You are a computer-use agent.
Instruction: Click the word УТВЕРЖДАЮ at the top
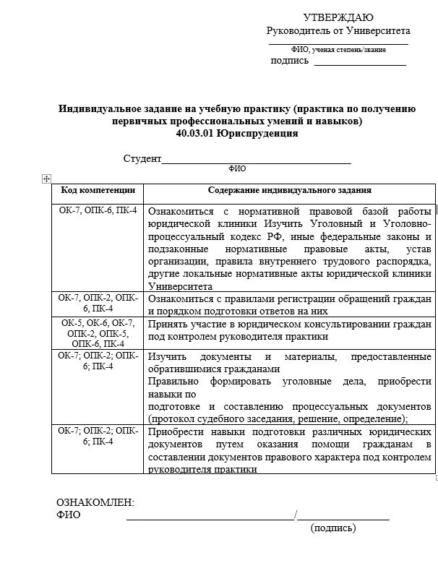[338, 17]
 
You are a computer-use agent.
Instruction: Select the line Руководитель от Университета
[338, 31]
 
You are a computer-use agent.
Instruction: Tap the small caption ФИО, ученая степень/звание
[338, 49]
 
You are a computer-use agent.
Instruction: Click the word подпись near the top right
[290, 61]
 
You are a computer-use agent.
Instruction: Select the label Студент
[142, 158]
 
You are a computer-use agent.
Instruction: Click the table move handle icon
[46, 178]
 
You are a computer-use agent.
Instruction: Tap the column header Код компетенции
[98, 190]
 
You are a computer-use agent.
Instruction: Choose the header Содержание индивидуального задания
[290, 190]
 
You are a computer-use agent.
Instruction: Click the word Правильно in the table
[172, 380]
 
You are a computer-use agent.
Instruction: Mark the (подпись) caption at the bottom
[333, 528]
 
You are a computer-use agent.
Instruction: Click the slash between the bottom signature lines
[296, 515]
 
